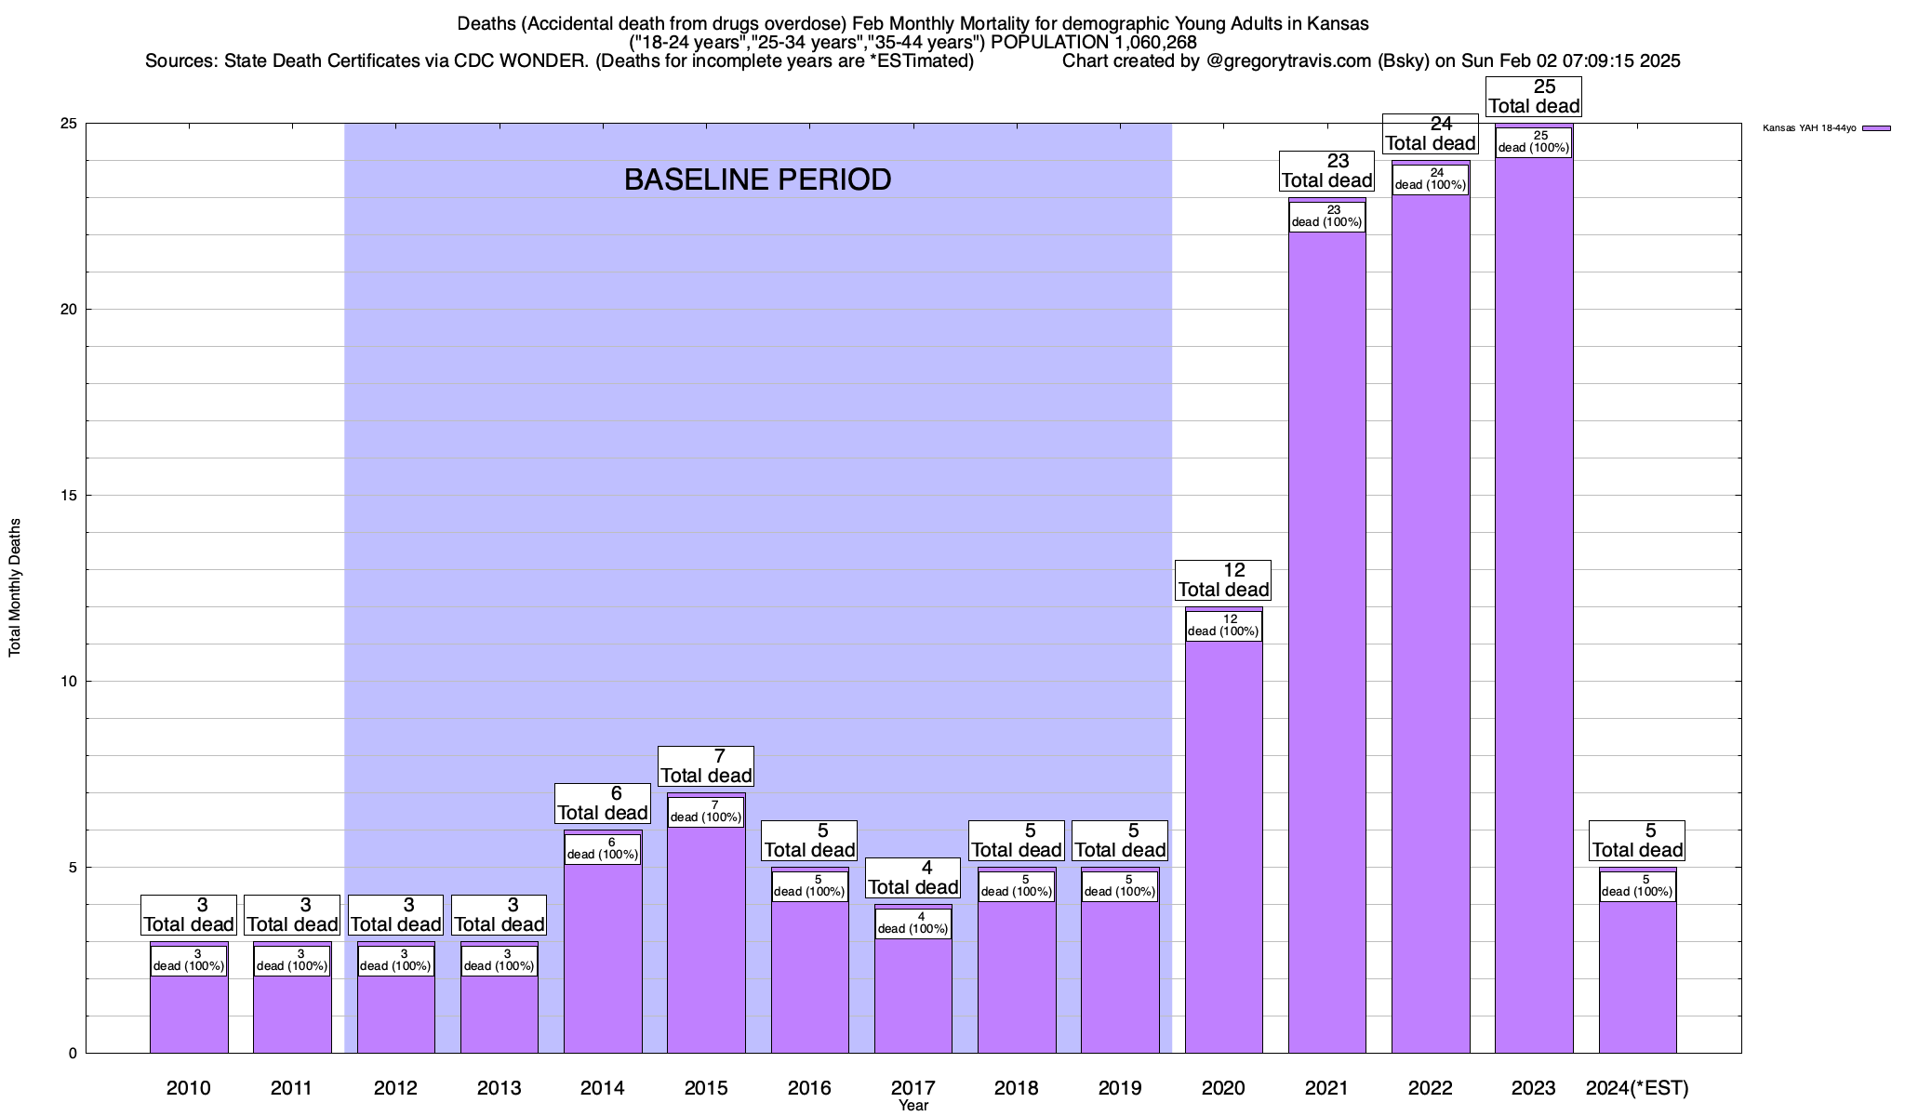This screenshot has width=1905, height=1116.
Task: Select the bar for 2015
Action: click(x=706, y=939)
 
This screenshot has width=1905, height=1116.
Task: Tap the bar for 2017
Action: click(x=913, y=995)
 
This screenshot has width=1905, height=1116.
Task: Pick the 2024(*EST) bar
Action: click(x=1637, y=976)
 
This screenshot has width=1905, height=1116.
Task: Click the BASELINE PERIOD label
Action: click(x=757, y=179)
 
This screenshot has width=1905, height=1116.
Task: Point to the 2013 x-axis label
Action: click(x=499, y=1087)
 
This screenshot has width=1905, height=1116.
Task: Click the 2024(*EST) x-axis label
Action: click(x=1637, y=1087)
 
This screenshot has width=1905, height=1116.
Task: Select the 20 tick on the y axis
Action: click(x=71, y=310)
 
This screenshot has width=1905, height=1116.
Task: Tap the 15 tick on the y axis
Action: click(x=71, y=496)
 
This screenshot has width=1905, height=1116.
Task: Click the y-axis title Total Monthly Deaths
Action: click(x=15, y=588)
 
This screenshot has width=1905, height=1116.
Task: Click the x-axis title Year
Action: click(x=913, y=1106)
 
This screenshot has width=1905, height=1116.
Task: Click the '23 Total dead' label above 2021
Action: click(x=1327, y=171)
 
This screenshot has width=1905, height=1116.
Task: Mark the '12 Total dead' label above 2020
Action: click(x=1223, y=580)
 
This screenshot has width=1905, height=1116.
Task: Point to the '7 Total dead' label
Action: click(x=706, y=766)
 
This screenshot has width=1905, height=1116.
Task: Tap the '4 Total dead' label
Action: click(x=913, y=878)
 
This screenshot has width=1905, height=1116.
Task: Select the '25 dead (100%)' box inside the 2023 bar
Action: click(x=1534, y=141)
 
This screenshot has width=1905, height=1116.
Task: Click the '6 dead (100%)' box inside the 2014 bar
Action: click(x=603, y=849)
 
